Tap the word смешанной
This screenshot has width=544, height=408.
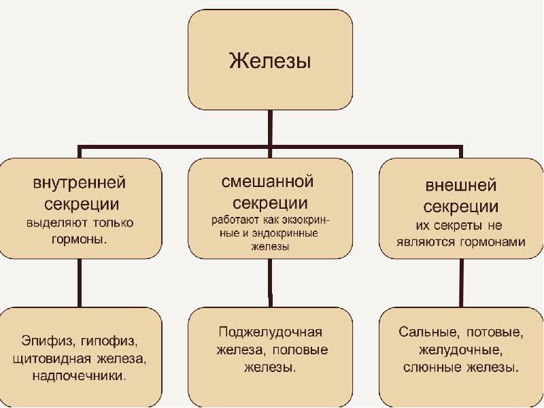[x=267, y=182]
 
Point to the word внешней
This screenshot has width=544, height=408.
[x=461, y=185]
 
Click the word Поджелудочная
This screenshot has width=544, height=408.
[x=270, y=332]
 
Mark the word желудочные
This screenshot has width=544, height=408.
[x=461, y=351]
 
